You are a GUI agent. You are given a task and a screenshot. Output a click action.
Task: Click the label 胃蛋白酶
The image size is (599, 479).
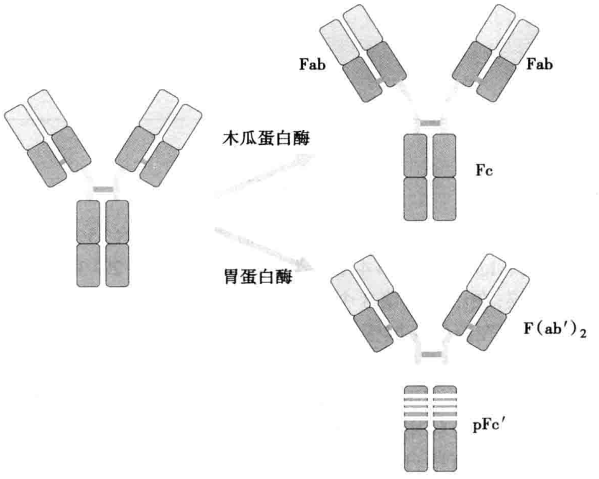(254, 278)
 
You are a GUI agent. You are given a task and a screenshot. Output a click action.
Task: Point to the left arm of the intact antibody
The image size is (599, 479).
(46, 137)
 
